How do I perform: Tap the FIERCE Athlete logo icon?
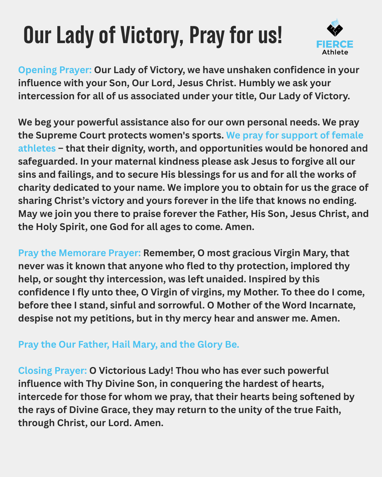(x=335, y=28)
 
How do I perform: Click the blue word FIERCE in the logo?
(x=335, y=44)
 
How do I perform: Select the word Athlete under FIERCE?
(x=335, y=52)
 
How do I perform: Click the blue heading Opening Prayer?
(x=55, y=70)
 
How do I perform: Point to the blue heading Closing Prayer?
(x=52, y=371)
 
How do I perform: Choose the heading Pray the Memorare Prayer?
(x=79, y=253)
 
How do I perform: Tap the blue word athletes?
(x=37, y=148)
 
